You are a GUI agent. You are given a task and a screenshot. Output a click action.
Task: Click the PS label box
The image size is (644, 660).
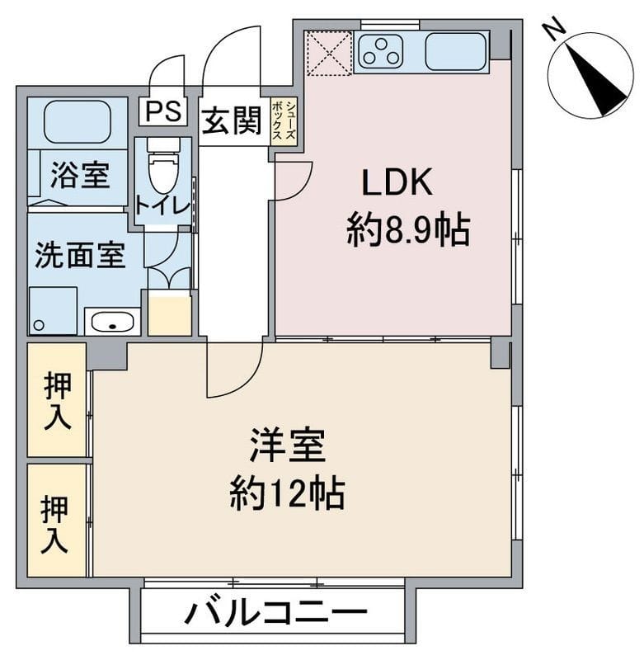163,111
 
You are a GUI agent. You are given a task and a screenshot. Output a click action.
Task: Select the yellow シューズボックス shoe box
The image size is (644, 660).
283,121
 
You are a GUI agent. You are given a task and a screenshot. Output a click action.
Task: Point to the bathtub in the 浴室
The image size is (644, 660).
77,121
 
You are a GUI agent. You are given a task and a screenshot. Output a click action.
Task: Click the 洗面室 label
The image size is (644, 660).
80,256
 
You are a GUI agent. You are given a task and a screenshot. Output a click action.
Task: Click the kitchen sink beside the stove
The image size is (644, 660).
455,51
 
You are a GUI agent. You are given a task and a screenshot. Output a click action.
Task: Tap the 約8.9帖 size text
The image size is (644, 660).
408,232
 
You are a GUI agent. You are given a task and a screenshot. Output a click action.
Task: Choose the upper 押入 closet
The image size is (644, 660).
57,400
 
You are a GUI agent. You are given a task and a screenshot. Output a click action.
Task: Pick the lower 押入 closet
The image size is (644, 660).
57,521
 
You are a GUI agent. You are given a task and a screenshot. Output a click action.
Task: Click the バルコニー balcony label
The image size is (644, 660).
275,614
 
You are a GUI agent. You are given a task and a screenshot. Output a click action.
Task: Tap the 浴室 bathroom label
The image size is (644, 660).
80,176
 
